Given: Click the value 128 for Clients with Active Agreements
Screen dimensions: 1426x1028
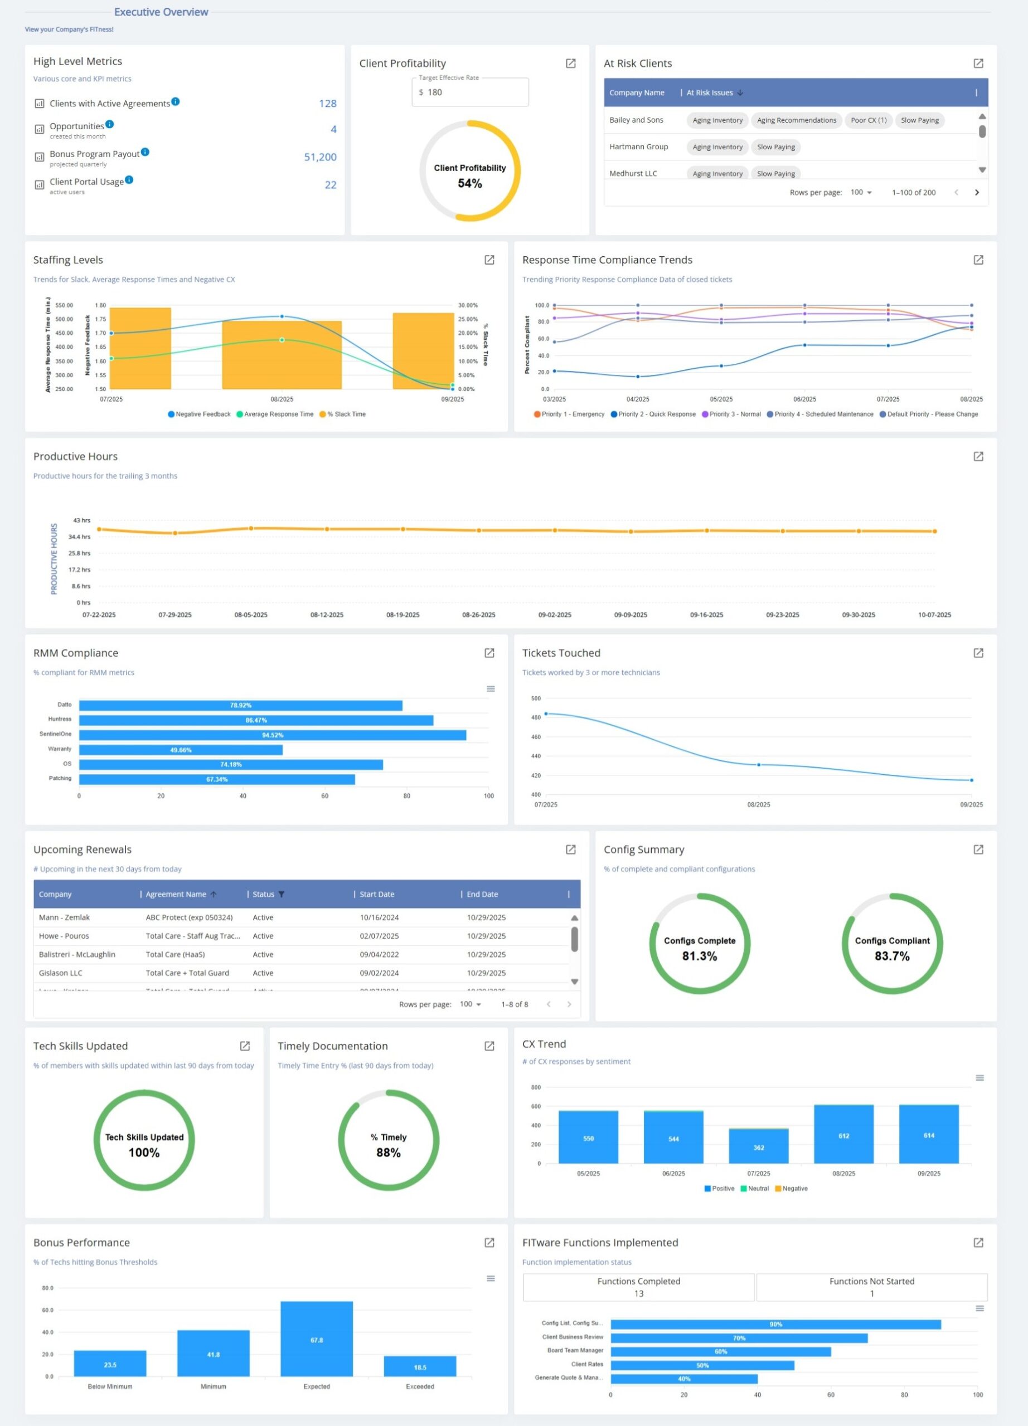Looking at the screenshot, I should click(x=327, y=104).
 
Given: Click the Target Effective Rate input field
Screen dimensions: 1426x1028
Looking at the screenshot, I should click(x=470, y=92).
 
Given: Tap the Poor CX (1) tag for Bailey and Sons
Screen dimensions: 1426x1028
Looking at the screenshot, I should click(x=868, y=120).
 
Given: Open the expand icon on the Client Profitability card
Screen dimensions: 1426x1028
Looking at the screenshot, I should click(x=571, y=64).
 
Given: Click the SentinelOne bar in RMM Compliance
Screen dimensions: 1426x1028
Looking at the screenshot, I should click(x=273, y=735).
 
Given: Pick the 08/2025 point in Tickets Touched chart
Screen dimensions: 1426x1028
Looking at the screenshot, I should click(x=759, y=765).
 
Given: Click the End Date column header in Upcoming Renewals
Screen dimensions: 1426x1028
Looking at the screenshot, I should click(x=483, y=894).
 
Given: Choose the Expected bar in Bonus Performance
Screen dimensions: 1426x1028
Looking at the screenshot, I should click(x=317, y=1339).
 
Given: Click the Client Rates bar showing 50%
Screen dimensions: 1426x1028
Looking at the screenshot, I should click(x=702, y=1365).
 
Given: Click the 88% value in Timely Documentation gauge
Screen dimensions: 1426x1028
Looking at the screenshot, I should click(x=388, y=1152).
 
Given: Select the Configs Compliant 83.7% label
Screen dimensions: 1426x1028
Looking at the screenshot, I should click(x=892, y=949).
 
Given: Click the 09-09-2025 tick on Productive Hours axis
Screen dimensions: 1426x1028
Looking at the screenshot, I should click(x=631, y=615).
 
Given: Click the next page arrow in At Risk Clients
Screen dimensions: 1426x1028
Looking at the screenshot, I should click(x=977, y=192).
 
